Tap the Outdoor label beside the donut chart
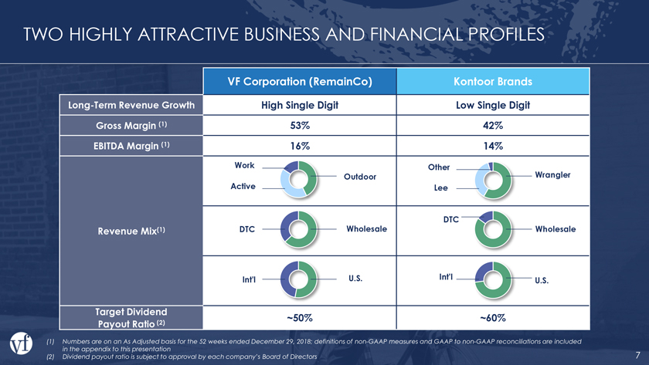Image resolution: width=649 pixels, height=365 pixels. point(360,177)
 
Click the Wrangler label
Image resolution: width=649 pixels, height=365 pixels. point(552,175)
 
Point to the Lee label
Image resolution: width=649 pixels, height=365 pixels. point(440,188)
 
